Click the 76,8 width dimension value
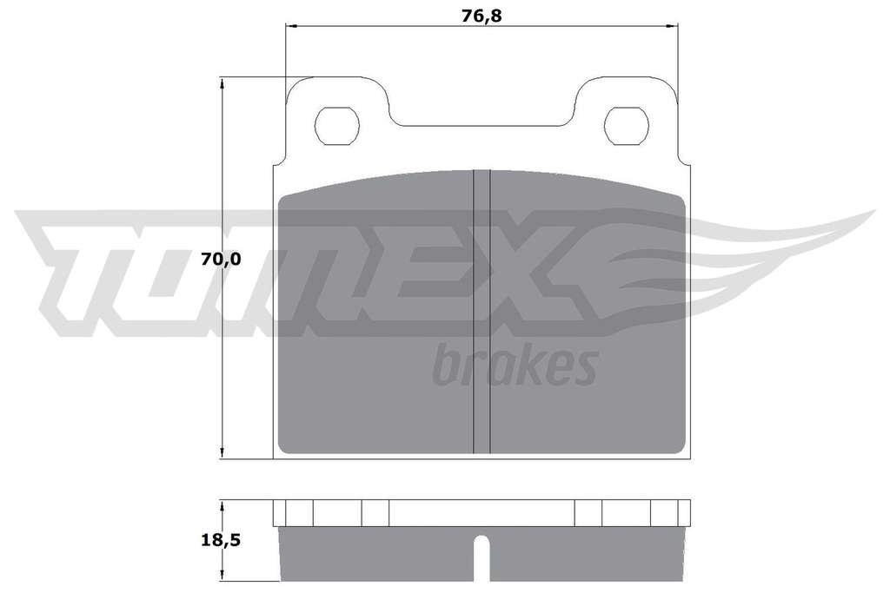coord(482,16)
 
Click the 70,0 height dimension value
coord(221,259)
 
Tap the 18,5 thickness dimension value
coord(221,540)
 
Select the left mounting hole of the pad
coord(337,125)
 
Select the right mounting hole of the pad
coord(627,125)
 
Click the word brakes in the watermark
coord(515,365)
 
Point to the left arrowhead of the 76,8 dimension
coord(290,25)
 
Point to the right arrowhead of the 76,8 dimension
coord(673,25)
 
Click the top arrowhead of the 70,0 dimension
coord(222,84)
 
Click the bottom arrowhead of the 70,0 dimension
coord(222,451)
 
